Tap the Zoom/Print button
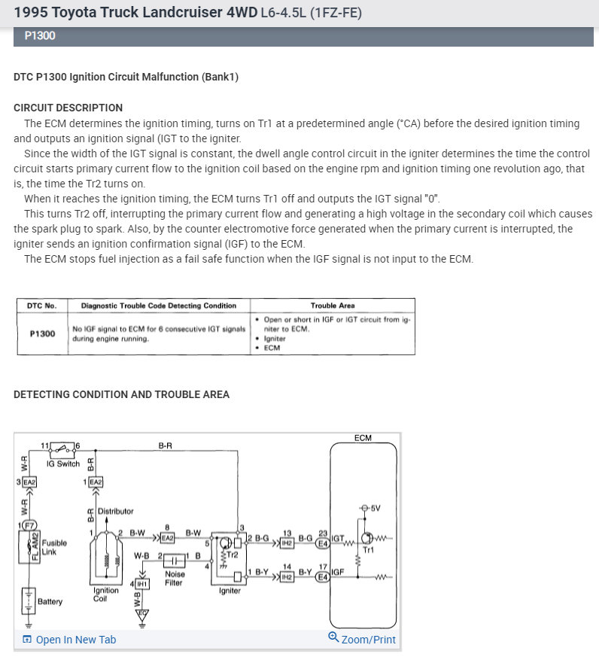pos(362,639)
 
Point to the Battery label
pos(50,602)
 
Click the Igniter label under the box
pos(230,591)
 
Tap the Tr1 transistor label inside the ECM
pos(369,550)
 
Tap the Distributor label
pos(115,512)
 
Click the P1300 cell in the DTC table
pos(41,333)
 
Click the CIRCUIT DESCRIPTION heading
pos(68,108)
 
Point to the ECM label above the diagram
pos(363,438)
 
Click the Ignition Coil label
pos(105,594)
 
